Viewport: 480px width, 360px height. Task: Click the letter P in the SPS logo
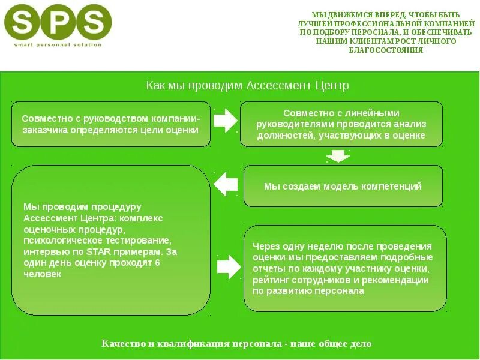tap(58, 22)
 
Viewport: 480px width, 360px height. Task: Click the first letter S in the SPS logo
tap(23, 22)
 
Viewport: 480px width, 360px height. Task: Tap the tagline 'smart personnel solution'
tap(58, 45)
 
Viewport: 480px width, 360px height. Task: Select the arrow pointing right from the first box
tap(226, 121)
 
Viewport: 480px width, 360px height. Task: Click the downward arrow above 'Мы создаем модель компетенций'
tap(338, 156)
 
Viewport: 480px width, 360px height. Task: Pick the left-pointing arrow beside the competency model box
tap(226, 184)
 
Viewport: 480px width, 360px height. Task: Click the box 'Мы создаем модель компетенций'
tap(343, 186)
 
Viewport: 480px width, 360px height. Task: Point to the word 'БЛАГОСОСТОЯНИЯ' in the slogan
tap(386, 50)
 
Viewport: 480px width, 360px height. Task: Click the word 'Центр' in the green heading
tap(332, 86)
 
